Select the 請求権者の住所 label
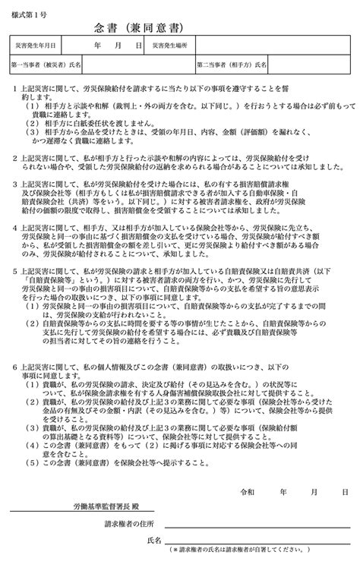pyautogui.click(x=129, y=524)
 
